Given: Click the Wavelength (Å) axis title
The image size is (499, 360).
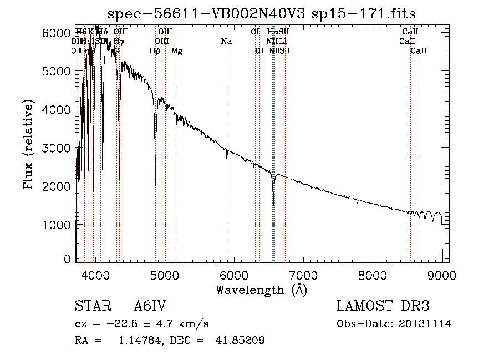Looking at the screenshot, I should click(261, 290).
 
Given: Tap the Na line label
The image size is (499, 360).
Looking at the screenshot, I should click(226, 42).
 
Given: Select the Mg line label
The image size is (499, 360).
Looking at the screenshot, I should click(177, 51).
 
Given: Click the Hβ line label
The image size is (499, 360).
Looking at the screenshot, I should click(155, 51).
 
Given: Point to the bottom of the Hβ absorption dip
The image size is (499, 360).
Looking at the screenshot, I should click(155, 184).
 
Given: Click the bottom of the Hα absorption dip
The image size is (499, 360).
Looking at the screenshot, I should click(273, 205).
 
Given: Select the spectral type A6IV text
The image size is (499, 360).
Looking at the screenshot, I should click(150, 307).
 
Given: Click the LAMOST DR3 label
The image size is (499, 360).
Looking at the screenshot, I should click(383, 307).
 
